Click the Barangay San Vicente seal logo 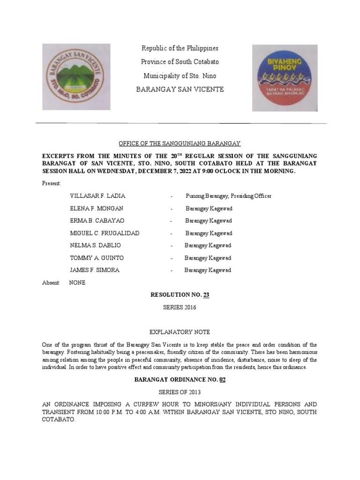tap(76, 77)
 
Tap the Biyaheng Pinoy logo tap(285, 78)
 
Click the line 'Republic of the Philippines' tap(180, 48)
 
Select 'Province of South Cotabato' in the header tap(180, 62)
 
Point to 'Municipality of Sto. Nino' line tap(180, 75)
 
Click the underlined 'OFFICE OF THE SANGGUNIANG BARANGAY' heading tap(180, 143)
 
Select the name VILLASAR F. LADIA tap(97, 196)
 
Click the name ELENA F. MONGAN tap(97, 208)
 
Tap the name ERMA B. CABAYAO tap(97, 221)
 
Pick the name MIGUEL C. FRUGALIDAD tap(105, 233)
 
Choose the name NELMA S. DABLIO tap(95, 246)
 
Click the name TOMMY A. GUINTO tap(97, 258)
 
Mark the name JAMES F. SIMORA tap(94, 270)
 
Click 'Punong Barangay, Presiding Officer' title tap(228, 196)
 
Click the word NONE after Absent tap(77, 283)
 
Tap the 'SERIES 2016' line tap(180, 307)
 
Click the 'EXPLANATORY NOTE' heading tap(180, 332)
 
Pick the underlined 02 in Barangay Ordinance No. tap(222, 380)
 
